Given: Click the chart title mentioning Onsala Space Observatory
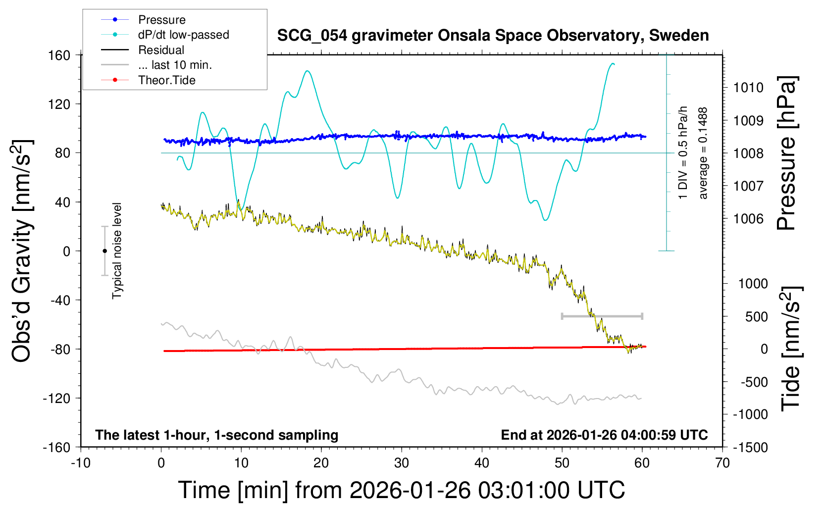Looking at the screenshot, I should tap(493, 36).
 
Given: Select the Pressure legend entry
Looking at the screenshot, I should tap(161, 20).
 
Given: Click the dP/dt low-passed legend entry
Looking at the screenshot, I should tap(183, 35).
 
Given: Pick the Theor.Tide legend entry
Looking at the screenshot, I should tap(166, 80).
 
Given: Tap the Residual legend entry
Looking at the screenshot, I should tap(161, 50).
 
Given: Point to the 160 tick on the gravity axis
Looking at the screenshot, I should tap(59, 55).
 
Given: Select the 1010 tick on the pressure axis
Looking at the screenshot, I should tap(748, 88).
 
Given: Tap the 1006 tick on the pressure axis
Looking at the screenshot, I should tap(748, 218).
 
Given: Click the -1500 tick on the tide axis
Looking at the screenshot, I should tap(750, 447).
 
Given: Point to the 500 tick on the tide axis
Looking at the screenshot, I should tap(756, 316).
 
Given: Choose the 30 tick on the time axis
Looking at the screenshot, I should tap(402, 463).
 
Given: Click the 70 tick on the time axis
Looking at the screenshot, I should tap(722, 463).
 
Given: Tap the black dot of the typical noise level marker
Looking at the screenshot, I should tap(104, 251).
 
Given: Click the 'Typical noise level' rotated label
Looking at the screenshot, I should tap(117, 251).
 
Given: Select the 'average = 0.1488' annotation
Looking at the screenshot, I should tap(703, 153).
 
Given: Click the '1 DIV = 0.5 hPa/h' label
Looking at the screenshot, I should tap(683, 152).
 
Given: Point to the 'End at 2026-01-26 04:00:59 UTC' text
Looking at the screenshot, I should tap(604, 435).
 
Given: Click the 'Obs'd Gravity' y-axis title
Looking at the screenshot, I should tap(22, 251).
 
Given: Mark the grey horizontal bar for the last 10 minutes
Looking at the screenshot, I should tap(602, 316).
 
